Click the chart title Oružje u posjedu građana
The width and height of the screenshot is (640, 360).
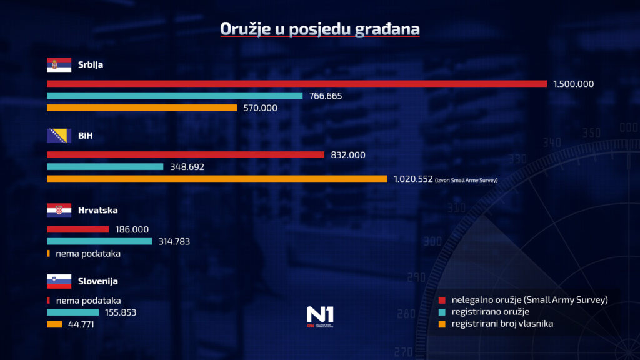point(319,29)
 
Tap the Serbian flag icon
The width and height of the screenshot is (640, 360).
point(59,65)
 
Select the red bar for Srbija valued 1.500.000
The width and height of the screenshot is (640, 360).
point(297,84)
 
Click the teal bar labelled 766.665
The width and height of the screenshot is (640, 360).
point(175,96)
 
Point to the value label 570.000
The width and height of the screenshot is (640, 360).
point(260,108)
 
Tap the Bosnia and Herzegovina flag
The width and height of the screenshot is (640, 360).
point(59,136)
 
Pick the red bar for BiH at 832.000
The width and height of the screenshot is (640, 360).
point(186,155)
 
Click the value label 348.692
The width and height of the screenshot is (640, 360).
point(187,167)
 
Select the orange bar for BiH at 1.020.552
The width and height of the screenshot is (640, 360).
point(217,179)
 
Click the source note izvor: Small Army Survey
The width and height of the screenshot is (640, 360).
point(466,179)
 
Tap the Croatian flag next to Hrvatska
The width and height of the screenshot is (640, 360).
point(59,211)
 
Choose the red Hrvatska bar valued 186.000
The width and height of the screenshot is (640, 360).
point(78,229)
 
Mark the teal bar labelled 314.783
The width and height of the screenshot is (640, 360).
point(99,241)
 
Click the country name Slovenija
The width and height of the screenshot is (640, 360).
point(97,281)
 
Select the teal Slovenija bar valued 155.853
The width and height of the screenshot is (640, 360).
point(73,312)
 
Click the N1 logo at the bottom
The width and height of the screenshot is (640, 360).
point(320,316)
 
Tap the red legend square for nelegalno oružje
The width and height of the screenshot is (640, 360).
point(442,300)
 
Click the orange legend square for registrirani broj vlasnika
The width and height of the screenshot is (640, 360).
point(442,323)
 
